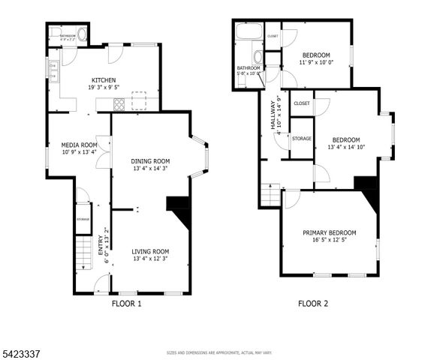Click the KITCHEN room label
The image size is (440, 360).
[x=103, y=80]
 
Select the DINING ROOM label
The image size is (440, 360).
[x=150, y=161]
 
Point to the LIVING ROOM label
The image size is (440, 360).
[x=150, y=251]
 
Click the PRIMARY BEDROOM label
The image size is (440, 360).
[x=330, y=233]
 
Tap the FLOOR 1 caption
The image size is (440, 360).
[x=126, y=304]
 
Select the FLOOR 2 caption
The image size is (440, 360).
[x=313, y=304]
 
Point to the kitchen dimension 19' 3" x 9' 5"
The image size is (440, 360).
[x=103, y=88]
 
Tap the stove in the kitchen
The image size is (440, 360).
[x=118, y=104]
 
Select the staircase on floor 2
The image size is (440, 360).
[x=270, y=197]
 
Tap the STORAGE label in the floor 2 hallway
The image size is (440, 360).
[x=301, y=139]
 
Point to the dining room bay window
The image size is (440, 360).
[x=199, y=157]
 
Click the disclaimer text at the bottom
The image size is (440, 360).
[x=219, y=352]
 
